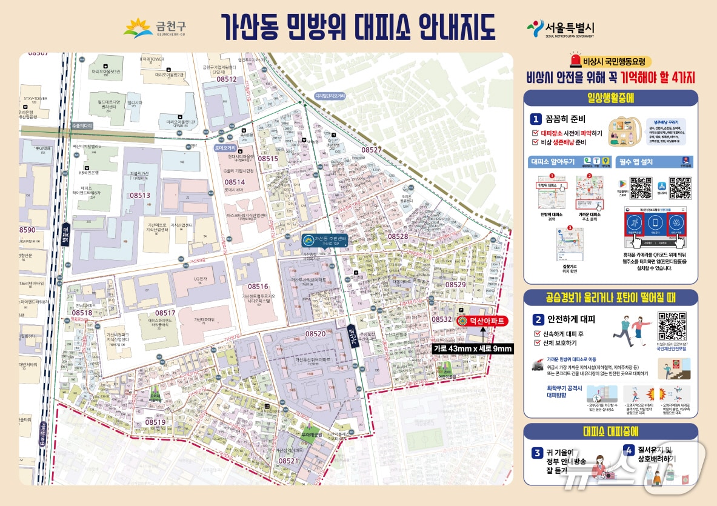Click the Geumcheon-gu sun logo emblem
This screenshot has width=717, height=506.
coord(138,28)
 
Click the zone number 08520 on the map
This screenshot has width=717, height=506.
coord(315,334)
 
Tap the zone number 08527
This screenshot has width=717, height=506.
coord(372,150)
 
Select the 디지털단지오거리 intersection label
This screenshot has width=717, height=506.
coord(330,96)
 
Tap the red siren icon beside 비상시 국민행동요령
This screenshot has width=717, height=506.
coord(575,61)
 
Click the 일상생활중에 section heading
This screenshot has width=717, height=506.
coord(610,98)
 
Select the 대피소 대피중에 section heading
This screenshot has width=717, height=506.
coord(610,431)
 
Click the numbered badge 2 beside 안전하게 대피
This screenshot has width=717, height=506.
coord(538,319)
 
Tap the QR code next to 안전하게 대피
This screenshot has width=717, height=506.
coord(672,326)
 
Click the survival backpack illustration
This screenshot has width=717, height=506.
coord(625,130)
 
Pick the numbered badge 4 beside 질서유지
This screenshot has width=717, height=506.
coord(629,450)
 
